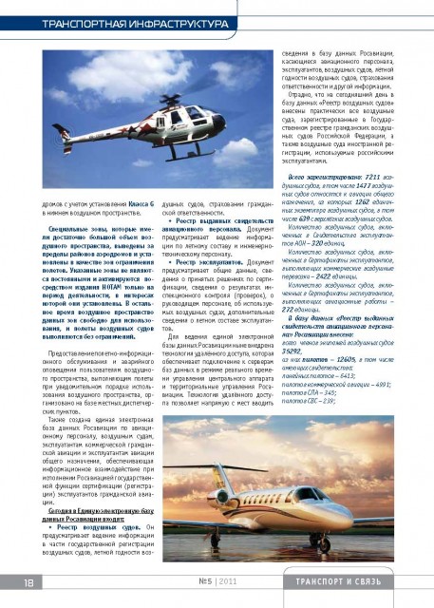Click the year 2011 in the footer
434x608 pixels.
pyautogui.click(x=230, y=581)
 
